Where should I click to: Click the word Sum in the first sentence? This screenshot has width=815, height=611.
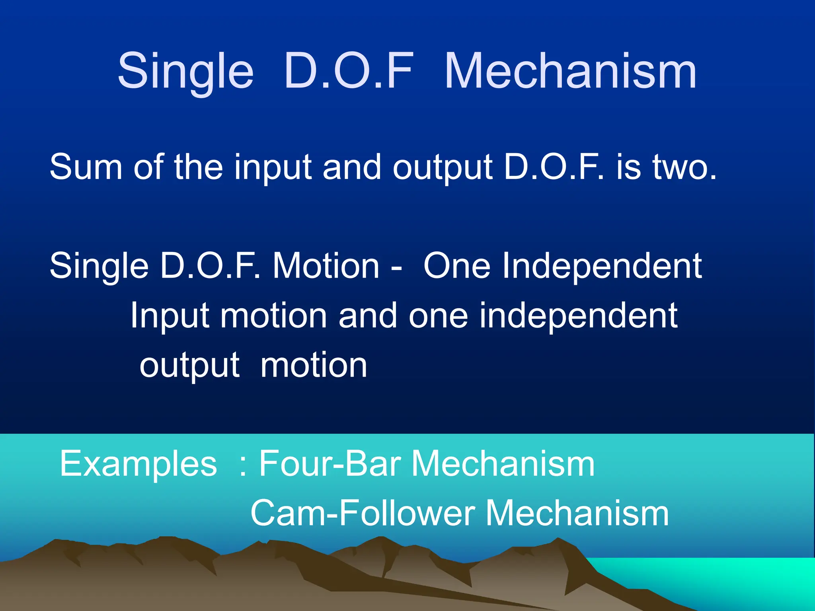coord(86,167)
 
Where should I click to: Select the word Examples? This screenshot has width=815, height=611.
coord(138,464)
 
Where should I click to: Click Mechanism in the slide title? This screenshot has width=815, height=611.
coord(570,72)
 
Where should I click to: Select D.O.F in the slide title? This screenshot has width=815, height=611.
coord(349,72)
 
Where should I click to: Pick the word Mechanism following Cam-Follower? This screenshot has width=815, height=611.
coord(577,513)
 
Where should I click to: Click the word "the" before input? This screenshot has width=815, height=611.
coord(198,167)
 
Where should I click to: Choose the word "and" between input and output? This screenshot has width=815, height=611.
coord(352,167)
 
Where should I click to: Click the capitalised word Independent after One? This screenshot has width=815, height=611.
coord(602,266)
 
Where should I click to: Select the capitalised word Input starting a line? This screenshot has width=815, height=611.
coord(170,316)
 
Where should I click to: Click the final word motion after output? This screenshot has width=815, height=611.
coord(314,365)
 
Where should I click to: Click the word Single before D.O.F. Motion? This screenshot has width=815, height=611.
coord(99,267)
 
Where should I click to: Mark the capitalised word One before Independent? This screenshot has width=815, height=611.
coord(456,266)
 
